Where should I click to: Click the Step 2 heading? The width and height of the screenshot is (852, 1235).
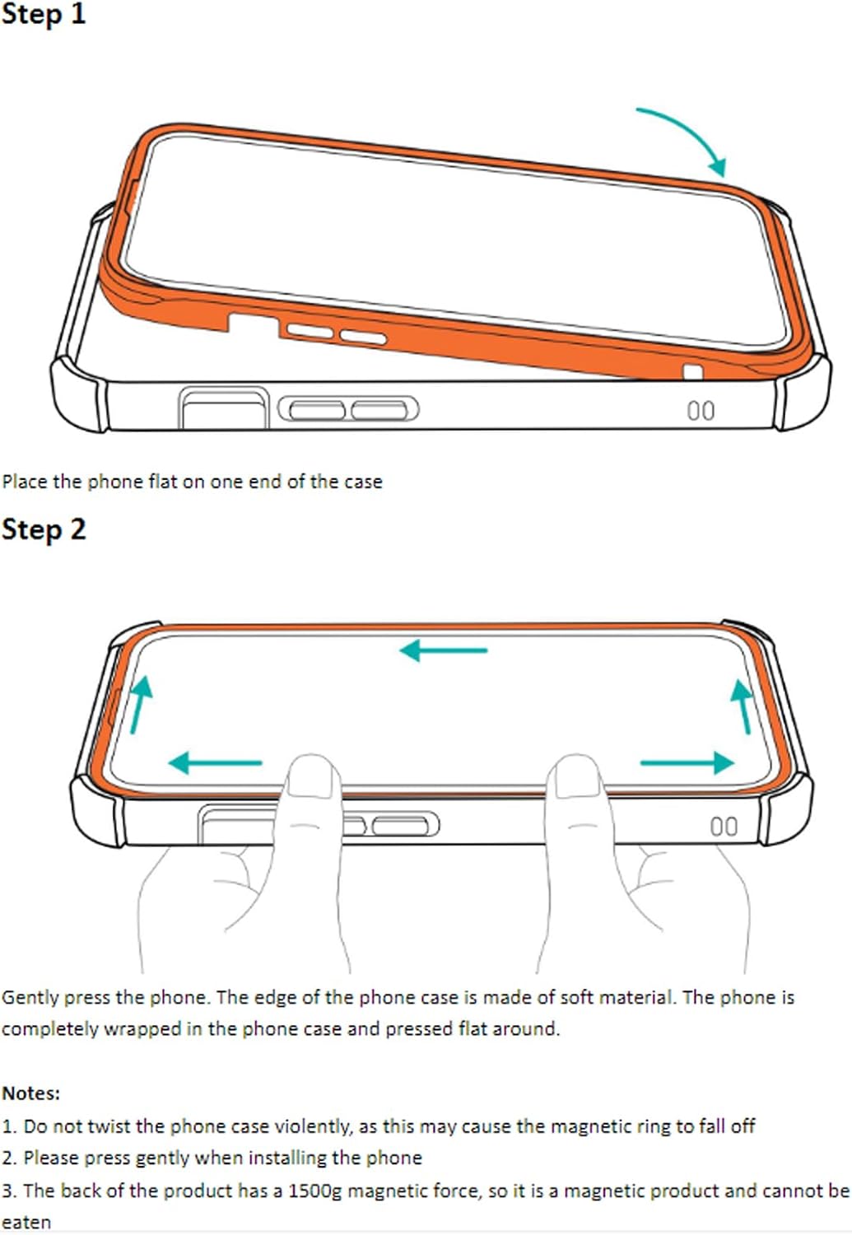point(44,529)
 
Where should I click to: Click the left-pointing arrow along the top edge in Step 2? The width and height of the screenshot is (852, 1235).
point(443,650)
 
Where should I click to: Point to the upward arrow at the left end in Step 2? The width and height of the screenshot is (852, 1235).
point(140,705)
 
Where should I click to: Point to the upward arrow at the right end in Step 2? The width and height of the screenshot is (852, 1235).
point(742,706)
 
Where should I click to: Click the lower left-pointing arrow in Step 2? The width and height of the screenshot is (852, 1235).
point(215,763)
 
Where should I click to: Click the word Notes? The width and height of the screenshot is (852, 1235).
point(30,1093)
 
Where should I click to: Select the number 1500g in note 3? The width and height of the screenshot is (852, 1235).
point(315,1191)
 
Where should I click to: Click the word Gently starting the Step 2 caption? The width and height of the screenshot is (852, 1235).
point(30,997)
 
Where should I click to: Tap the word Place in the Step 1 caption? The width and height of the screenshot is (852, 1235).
point(25,482)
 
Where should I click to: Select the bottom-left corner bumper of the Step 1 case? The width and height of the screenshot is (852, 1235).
point(79,394)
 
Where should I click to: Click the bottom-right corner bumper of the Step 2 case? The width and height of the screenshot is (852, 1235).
point(786,809)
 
